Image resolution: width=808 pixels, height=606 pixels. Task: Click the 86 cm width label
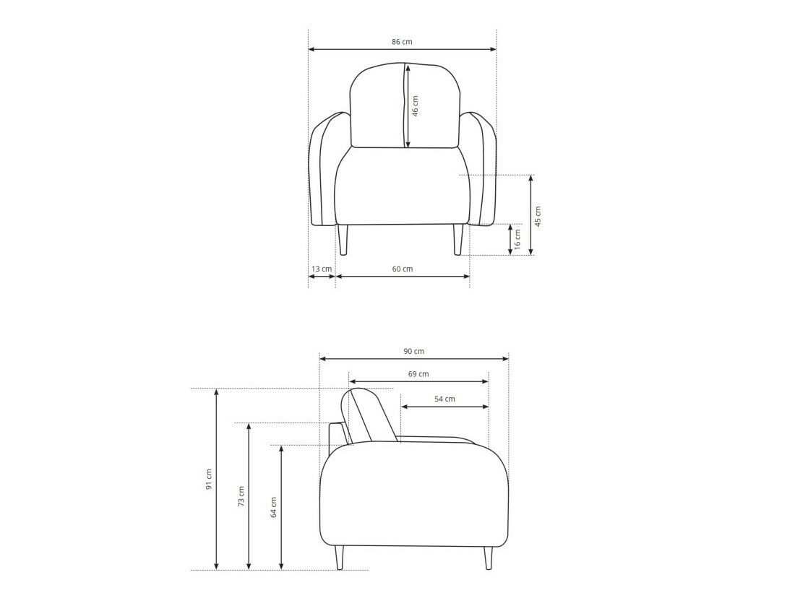pyautogui.click(x=402, y=42)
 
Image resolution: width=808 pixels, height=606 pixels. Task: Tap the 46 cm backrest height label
pyautogui.click(x=416, y=106)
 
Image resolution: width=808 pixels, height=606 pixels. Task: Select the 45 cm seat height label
pyautogui.click(x=538, y=216)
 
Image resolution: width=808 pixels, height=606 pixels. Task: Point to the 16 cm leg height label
pyautogui.click(x=517, y=240)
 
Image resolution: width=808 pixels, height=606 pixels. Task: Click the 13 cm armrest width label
pyautogui.click(x=322, y=269)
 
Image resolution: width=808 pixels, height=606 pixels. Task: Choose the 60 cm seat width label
pyautogui.click(x=403, y=269)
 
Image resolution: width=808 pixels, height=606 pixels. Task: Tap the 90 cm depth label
pyautogui.click(x=414, y=351)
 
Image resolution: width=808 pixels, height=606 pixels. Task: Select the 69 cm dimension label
pyautogui.click(x=418, y=374)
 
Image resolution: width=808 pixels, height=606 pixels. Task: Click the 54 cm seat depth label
pyautogui.click(x=444, y=399)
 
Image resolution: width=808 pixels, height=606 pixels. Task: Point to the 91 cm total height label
pyautogui.click(x=209, y=479)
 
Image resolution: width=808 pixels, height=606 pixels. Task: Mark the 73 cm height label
pyautogui.click(x=241, y=495)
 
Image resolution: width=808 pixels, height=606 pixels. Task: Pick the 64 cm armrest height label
pyautogui.click(x=274, y=507)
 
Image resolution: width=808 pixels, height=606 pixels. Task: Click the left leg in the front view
pyautogui.click(x=343, y=240)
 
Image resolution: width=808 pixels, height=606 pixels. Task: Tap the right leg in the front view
pyautogui.click(x=457, y=240)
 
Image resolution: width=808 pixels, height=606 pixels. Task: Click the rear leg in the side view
pyautogui.click(x=340, y=558)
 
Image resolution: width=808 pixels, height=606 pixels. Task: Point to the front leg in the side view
pyautogui.click(x=489, y=558)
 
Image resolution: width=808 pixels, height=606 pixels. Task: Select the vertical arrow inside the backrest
pyautogui.click(x=408, y=106)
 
